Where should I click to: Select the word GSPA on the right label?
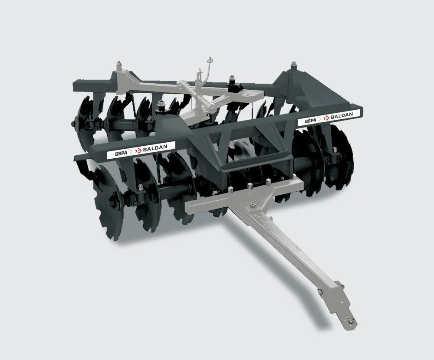pos(311,121)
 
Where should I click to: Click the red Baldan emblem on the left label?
pos(138,151)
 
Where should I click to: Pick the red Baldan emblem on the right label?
pos(326,118)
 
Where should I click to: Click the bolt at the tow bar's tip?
pos(351,321)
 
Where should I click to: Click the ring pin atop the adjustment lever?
pos(210,60)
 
